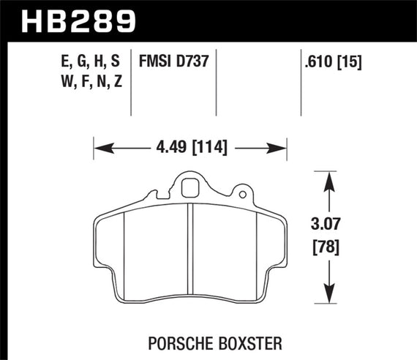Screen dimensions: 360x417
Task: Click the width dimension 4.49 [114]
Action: [190, 149]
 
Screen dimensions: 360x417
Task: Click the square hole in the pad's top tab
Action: [190, 186]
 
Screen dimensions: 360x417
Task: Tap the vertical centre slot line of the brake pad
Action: [189, 249]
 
